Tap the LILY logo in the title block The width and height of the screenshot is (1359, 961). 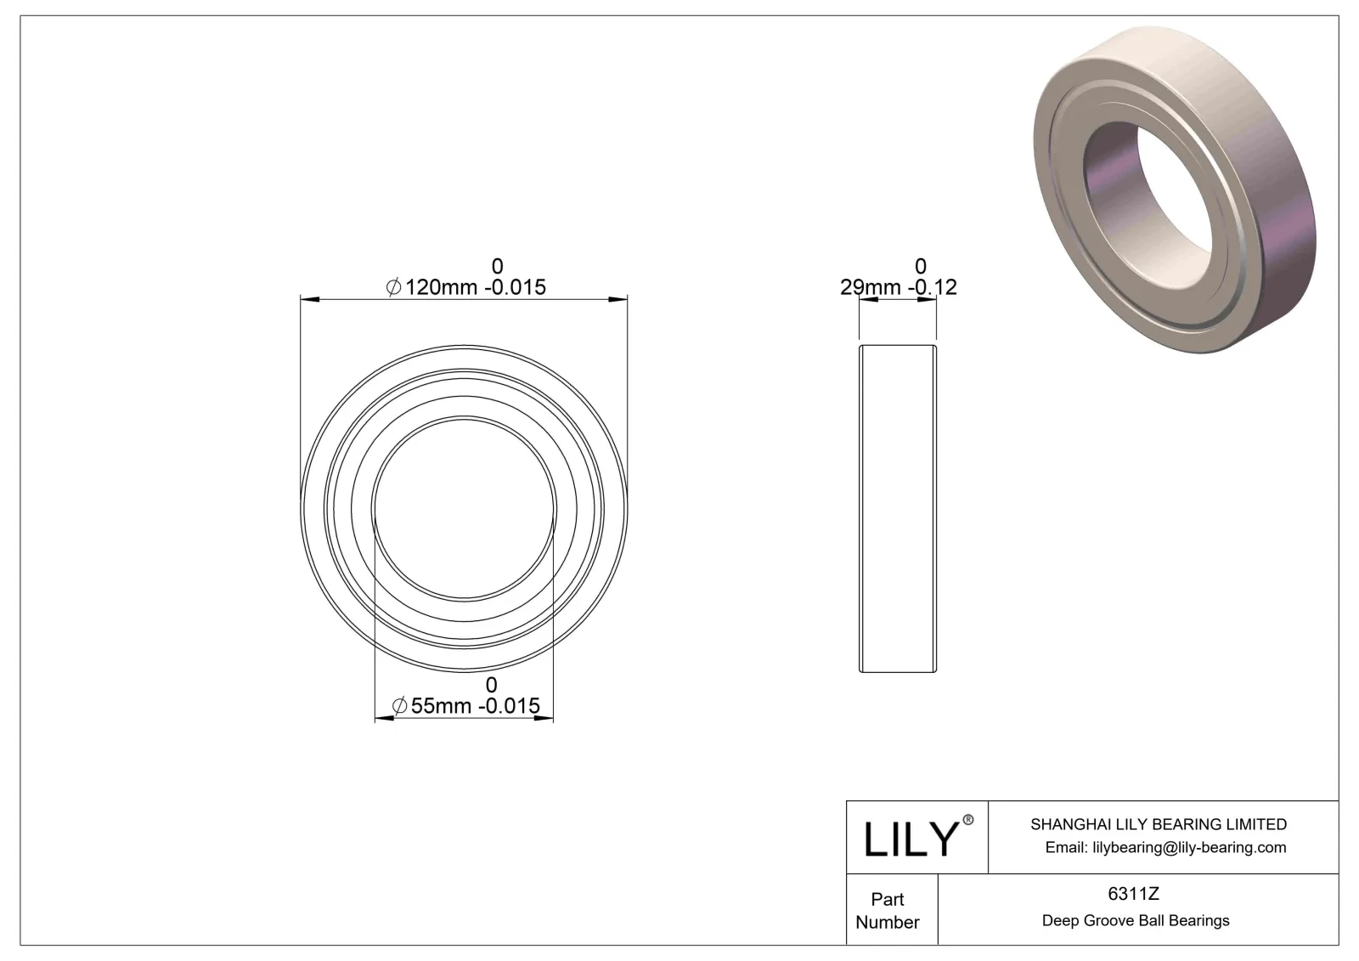pos(911,839)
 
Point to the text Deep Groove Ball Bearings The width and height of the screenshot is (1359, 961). pos(1135,920)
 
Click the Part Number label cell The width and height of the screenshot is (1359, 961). pos(888,910)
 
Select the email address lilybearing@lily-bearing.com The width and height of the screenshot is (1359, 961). pos(1165,847)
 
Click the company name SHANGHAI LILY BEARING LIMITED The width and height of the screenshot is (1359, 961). pos(1158,824)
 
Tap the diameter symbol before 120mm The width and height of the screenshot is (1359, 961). pos(393,288)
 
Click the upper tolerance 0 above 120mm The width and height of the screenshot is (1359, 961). pos(498,266)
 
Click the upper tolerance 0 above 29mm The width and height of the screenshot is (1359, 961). pos(920,266)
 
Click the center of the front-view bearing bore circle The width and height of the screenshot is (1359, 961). pos(465,508)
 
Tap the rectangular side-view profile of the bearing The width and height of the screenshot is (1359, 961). pos(898,508)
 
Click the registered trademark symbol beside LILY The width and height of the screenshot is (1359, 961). pos(967,820)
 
